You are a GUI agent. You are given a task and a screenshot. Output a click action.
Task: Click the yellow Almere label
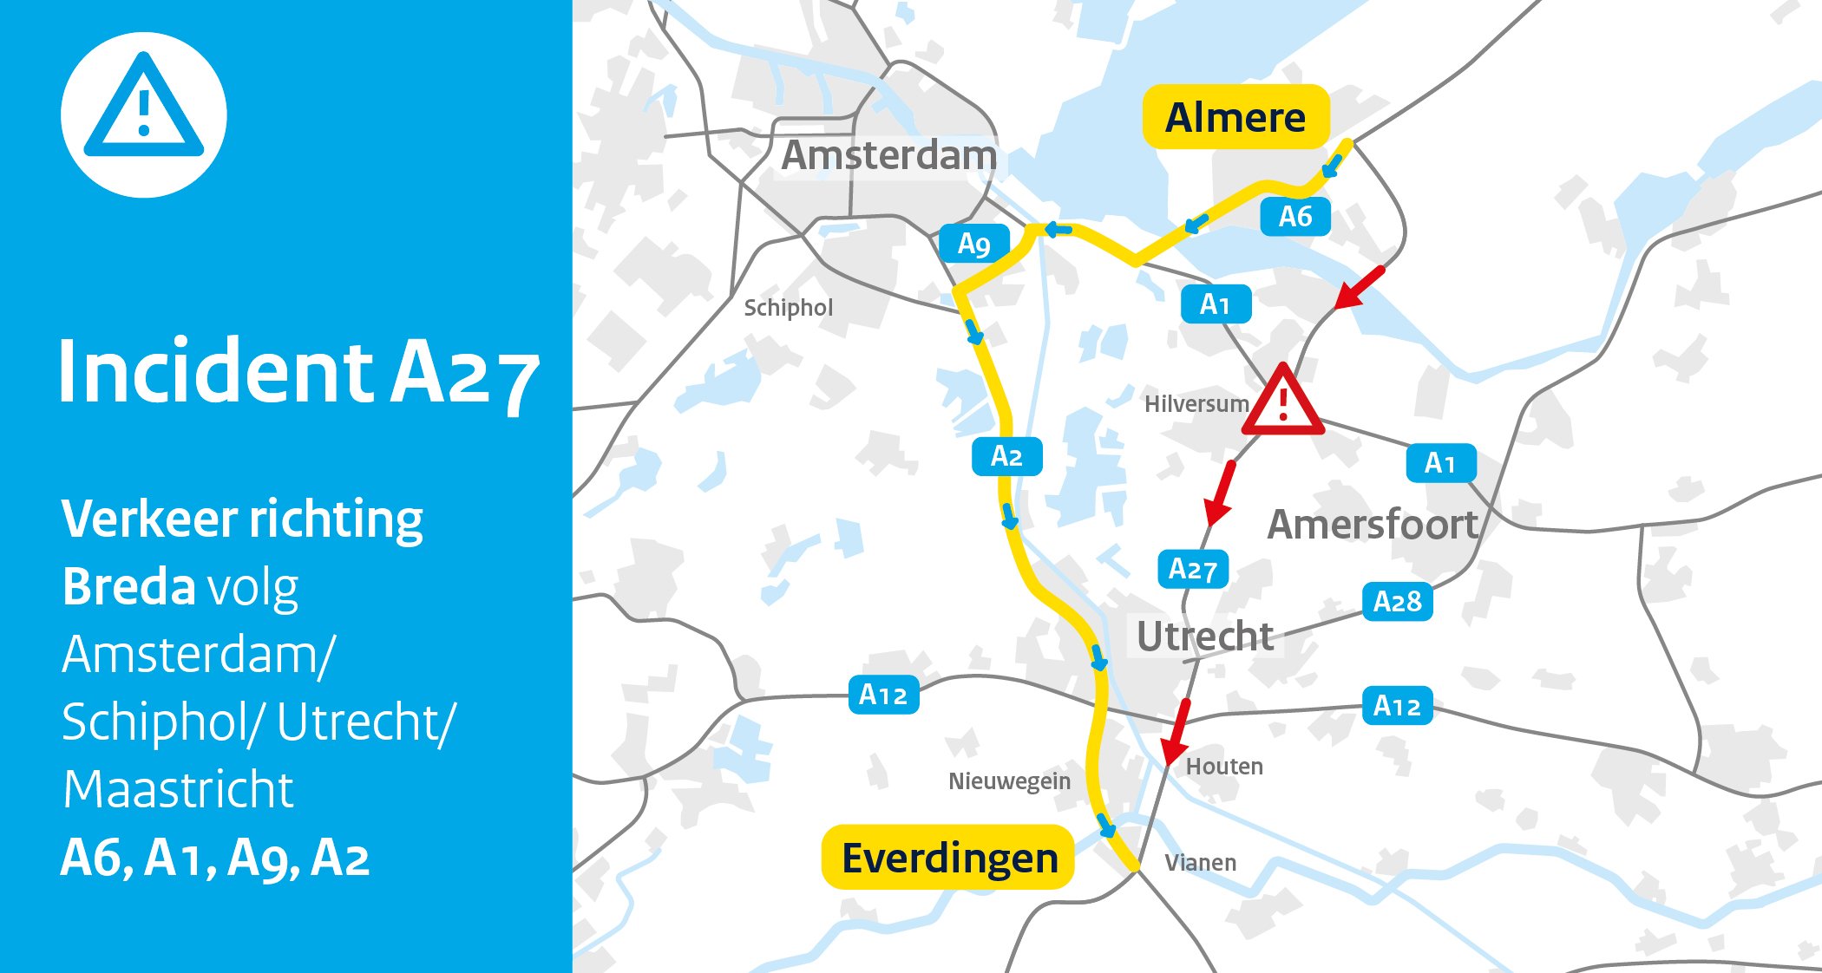[1235, 117]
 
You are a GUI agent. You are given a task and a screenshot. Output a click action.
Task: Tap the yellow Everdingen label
[948, 858]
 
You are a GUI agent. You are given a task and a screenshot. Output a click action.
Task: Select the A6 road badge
[1294, 216]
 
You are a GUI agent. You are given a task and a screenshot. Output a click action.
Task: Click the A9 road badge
[974, 244]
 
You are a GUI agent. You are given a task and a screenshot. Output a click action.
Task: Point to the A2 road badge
[1006, 456]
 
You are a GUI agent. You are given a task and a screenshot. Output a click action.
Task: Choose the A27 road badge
[1193, 569]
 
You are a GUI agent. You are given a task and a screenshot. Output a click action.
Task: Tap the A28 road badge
[1397, 601]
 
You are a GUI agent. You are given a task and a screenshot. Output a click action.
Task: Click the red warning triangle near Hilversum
[1282, 402]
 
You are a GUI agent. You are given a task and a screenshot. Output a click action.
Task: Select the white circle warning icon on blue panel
[144, 114]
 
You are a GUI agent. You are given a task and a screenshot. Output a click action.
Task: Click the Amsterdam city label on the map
[889, 156]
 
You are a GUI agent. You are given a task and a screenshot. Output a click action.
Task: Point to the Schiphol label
[788, 308]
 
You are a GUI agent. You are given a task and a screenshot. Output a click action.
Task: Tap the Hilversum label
[1196, 404]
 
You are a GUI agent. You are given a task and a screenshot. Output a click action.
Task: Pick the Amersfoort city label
[1373, 525]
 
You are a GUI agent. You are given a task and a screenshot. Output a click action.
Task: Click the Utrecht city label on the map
[1205, 637]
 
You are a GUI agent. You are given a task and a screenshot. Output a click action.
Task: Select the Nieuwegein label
[1009, 781]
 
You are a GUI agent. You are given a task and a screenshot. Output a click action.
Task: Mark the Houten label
[1224, 767]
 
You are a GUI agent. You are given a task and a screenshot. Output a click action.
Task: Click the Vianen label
[1200, 863]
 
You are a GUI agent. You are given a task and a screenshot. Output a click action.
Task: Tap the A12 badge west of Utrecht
[882, 695]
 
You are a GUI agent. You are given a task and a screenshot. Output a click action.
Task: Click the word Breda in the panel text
[129, 587]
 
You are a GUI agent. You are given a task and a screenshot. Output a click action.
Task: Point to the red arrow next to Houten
[1176, 730]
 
